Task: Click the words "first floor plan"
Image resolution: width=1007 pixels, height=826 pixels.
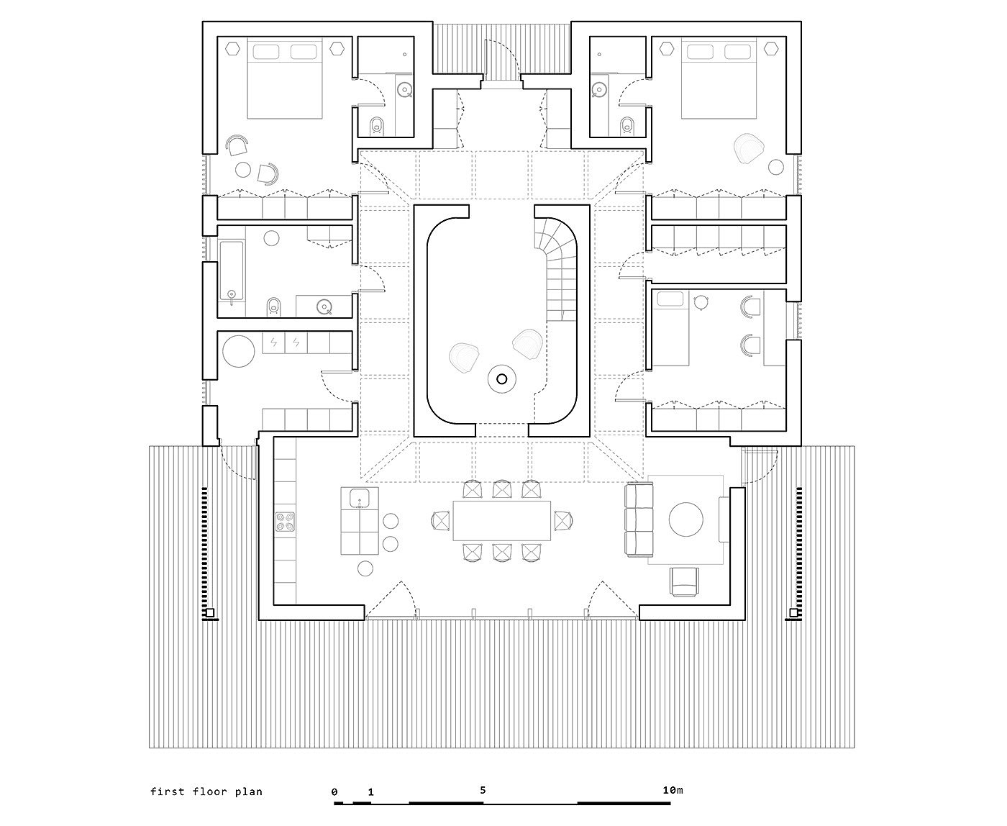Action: tap(206, 791)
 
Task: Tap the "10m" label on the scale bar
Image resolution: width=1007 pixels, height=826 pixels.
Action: tap(673, 790)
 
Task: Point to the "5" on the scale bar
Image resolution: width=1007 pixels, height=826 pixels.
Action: tap(483, 790)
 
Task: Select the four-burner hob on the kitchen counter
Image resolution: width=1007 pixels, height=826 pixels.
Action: tap(285, 522)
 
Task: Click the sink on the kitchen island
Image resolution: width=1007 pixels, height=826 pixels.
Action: tap(359, 499)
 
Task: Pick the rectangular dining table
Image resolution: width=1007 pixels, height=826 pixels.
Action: tap(502, 520)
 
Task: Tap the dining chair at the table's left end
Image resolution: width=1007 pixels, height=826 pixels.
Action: tap(441, 520)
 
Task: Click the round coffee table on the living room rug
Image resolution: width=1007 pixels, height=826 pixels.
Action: tap(686, 519)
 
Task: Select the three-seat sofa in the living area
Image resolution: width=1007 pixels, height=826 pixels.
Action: tap(639, 519)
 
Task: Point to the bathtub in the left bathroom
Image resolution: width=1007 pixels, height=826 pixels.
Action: tap(232, 271)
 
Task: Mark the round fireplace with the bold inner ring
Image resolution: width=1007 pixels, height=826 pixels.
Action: tap(502, 379)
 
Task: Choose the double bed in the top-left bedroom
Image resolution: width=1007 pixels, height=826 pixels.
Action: tap(285, 79)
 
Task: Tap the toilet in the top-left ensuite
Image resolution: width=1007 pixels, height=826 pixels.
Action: tap(377, 125)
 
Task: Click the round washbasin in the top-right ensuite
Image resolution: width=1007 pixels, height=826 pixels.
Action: tap(598, 89)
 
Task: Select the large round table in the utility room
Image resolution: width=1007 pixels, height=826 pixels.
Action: tap(239, 351)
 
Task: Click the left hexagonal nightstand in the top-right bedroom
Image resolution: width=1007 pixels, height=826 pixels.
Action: tap(667, 48)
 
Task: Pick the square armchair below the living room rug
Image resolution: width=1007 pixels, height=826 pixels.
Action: tap(684, 582)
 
